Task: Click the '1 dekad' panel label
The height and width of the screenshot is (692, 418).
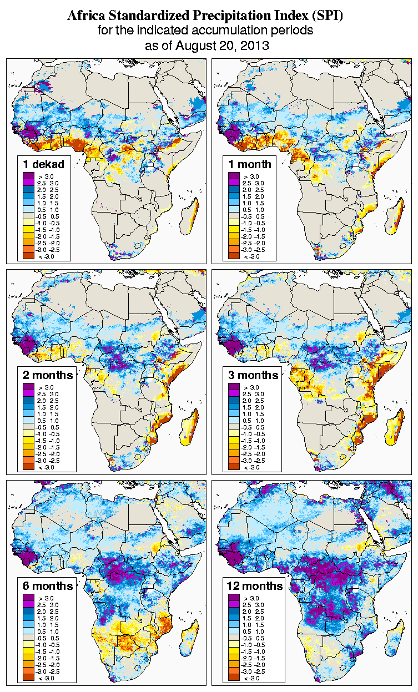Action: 43,164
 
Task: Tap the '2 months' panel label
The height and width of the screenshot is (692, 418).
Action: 48,375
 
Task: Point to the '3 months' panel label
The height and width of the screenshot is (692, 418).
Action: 253,375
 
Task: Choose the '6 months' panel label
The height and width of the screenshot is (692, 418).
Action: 48,586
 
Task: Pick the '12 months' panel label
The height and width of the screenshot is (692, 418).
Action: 255,586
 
